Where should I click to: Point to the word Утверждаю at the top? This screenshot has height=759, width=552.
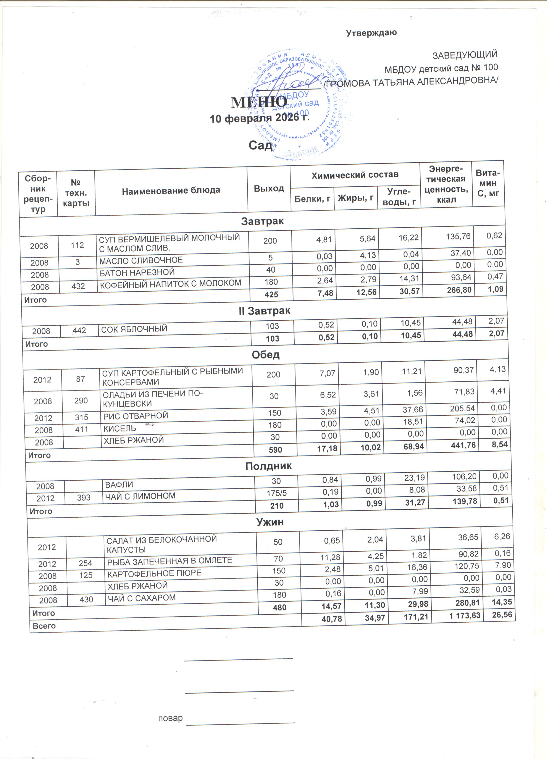coord(371,33)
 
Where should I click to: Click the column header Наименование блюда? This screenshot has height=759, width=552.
coord(171,191)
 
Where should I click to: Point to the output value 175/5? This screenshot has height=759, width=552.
coord(276,494)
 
